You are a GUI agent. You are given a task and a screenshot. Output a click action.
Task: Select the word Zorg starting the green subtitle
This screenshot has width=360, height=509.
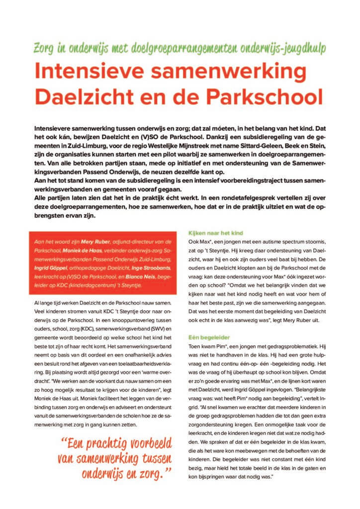(46, 49)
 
